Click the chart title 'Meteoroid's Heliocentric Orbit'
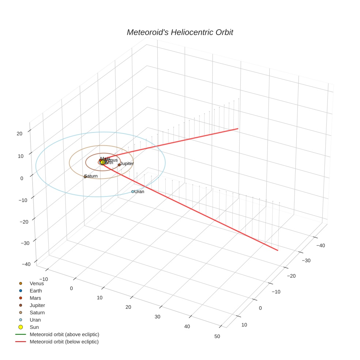pyautogui.click(x=180, y=32)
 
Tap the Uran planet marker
pyautogui.click(x=133, y=192)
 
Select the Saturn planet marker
pyautogui.click(x=85, y=177)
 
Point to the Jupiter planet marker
pyautogui.click(x=119, y=165)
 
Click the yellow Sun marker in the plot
pyautogui.click(x=103, y=162)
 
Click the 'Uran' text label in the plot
pyautogui.click(x=139, y=192)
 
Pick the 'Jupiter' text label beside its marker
pyautogui.click(x=127, y=164)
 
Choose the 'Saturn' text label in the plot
pyautogui.click(x=91, y=176)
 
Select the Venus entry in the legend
pyautogui.click(x=37, y=284)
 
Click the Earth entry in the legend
pyautogui.click(x=36, y=291)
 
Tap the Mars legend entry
pyautogui.click(x=35, y=298)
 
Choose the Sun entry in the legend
pyautogui.click(x=34, y=327)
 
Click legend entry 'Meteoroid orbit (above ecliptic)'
pyautogui.click(x=64, y=334)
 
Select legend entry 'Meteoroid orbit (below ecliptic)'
pyautogui.click(x=64, y=342)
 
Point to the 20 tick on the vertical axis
pyautogui.click(x=20, y=134)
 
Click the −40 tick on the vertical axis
pyautogui.click(x=26, y=264)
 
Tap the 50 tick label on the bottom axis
pyautogui.click(x=217, y=336)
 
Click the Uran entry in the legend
pyautogui.click(x=35, y=320)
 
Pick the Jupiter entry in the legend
pyautogui.click(x=37, y=305)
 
